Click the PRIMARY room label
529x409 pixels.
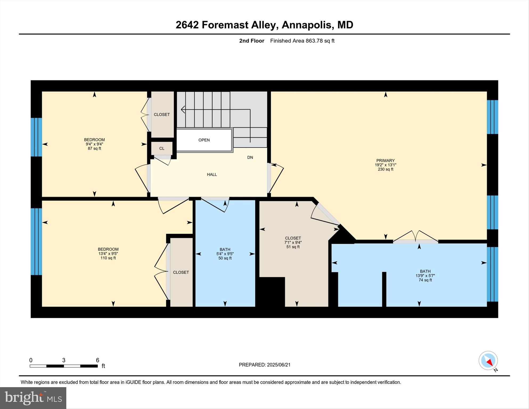point(385,161)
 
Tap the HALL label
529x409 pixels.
point(212,175)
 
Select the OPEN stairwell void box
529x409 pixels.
point(204,140)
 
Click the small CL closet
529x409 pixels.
point(162,148)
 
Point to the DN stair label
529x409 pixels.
point(250,157)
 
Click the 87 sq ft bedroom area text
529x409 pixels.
point(94,148)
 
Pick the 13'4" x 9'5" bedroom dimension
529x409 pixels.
point(108,254)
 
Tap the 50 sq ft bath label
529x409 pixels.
point(225,258)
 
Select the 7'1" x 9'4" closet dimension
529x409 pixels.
point(293,242)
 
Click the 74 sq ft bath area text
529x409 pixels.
point(425,280)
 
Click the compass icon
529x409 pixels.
point(488,361)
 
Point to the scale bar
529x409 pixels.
point(64,366)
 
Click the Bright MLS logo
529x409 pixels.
point(33,398)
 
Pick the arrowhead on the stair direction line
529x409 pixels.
point(183,109)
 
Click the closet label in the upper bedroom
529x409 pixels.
point(162,115)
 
